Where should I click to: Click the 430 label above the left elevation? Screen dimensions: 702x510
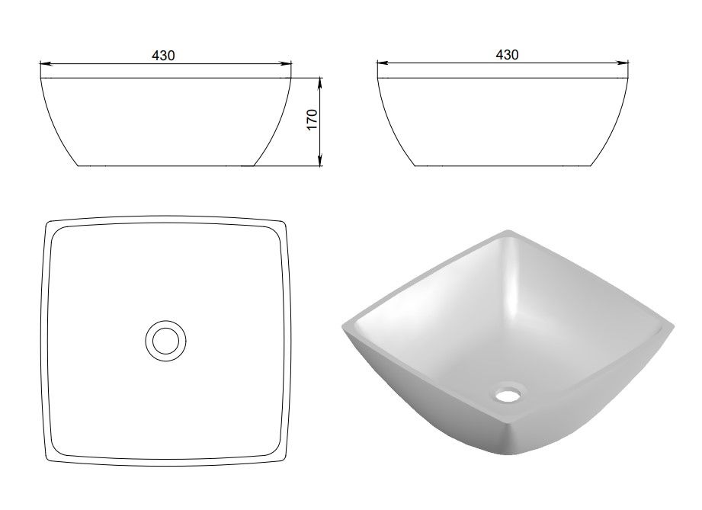coord(163,56)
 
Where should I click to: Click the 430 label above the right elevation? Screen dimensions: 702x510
coord(507,55)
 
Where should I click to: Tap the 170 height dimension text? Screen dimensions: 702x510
coord(313,120)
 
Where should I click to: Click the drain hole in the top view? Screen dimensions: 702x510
coord(165,341)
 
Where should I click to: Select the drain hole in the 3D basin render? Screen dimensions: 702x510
coord(508,393)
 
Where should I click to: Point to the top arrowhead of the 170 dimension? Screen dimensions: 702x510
coord(319,82)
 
